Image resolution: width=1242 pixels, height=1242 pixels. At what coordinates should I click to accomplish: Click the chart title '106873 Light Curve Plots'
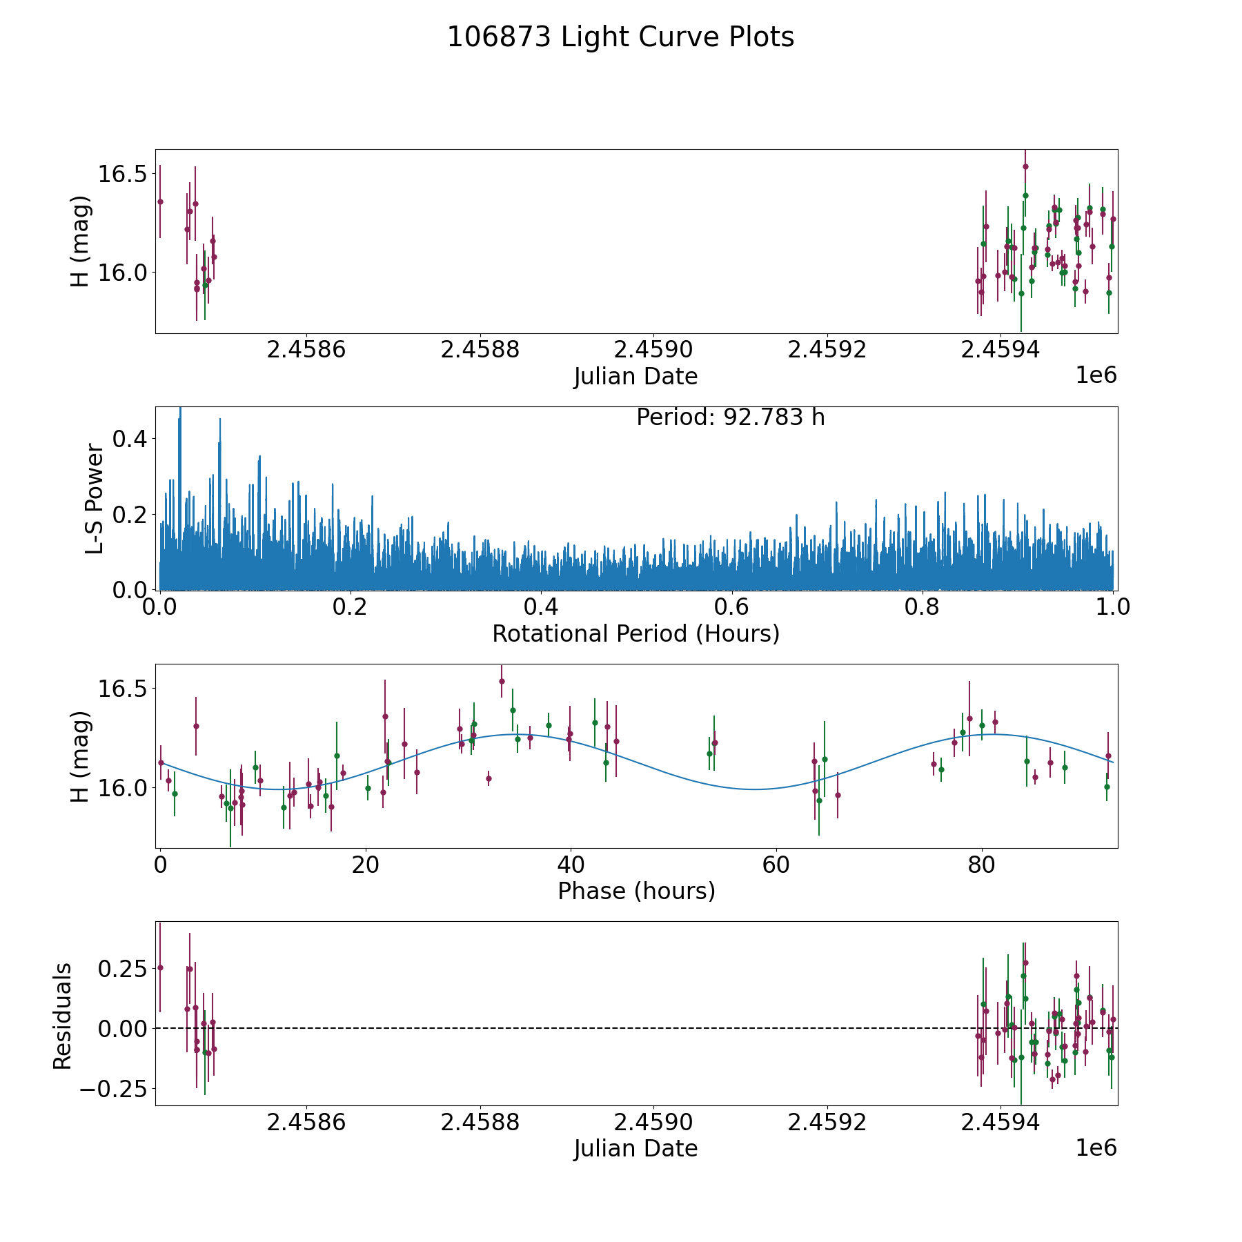pos(620,38)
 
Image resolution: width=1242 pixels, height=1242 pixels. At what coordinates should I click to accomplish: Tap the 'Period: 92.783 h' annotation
pos(730,417)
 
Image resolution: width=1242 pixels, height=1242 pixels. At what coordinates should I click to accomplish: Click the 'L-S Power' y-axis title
pos(95,499)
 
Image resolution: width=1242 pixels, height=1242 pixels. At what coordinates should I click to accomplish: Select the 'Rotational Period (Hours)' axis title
pos(635,633)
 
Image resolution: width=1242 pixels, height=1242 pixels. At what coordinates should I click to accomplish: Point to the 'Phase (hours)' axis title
pos(635,891)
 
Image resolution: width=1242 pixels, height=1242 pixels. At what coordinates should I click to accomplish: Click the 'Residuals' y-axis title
pos(63,1016)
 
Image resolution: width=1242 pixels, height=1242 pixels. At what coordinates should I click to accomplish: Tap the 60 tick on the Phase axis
pos(776,865)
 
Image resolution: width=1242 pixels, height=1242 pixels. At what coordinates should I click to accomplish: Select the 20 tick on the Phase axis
pos(366,865)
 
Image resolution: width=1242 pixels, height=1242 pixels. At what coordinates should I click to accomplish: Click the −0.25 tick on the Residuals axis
pos(117,1089)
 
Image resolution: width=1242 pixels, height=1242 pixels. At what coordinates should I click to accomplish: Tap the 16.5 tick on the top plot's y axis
pos(123,174)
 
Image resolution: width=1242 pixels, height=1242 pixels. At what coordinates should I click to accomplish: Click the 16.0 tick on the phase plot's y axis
pos(123,787)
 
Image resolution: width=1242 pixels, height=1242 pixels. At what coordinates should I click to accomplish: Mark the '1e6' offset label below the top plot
pos(1096,375)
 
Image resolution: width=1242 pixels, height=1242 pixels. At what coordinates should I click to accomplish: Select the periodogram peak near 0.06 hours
pos(220,420)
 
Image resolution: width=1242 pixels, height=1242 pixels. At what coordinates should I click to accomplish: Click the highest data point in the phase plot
pos(502,681)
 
